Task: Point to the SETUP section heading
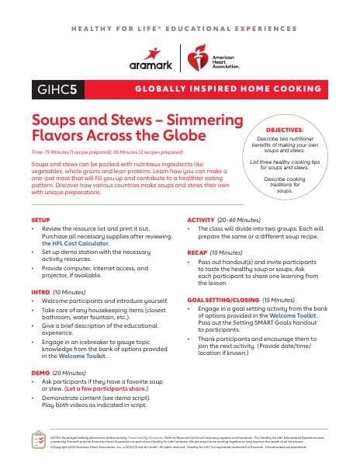click(x=40, y=221)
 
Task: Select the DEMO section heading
click(x=39, y=373)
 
